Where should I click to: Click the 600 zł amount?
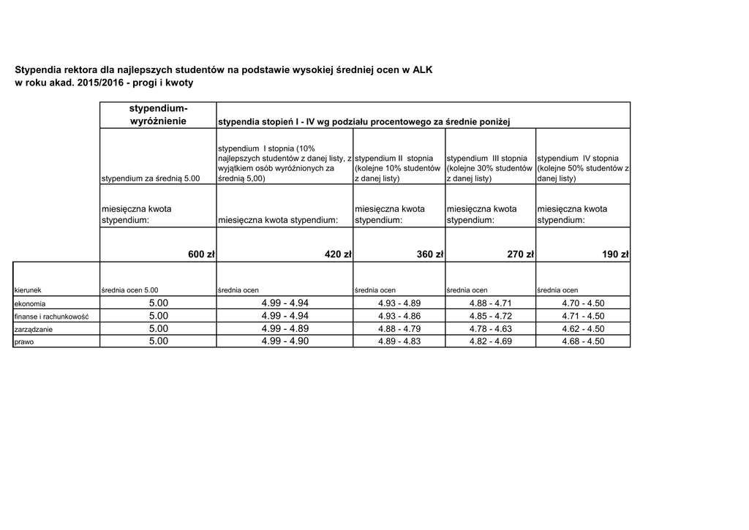pos(201,254)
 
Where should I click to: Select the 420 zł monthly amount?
pos(338,254)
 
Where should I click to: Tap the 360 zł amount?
pos(430,254)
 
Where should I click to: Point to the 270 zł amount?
pos(521,254)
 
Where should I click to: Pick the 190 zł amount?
pos(615,254)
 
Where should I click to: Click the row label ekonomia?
pos(31,303)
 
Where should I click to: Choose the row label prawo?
pos(25,341)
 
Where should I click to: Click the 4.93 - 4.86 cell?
pos(399,317)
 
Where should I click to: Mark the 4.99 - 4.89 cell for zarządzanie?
pos(285,329)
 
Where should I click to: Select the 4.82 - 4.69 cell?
pos(490,341)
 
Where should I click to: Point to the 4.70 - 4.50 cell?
pos(583,303)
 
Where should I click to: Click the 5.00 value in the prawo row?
pos(159,341)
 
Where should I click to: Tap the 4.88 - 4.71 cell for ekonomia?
pos(490,303)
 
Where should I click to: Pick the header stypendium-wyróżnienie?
pos(159,114)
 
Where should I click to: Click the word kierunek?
pos(28,290)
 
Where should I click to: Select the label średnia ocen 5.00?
pos(129,290)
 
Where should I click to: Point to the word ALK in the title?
pos(423,70)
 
